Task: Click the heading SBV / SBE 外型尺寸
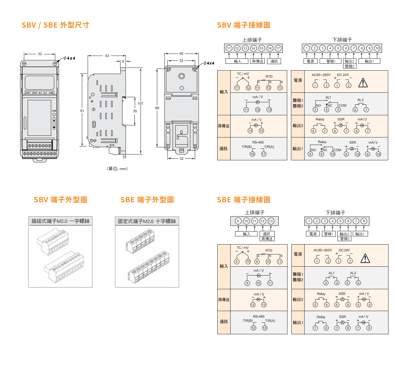coord(55,25)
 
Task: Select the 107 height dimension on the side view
coord(141,103)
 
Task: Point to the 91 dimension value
coord(82,111)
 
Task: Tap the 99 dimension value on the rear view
coord(157,108)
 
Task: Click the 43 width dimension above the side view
coord(107,56)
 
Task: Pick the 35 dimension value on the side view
coord(135,111)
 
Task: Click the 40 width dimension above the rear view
coord(181,54)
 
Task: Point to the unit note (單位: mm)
coord(118,169)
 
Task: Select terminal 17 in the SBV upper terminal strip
coord(278,48)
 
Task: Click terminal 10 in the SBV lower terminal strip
coord(377,48)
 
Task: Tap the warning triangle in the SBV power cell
coord(363,83)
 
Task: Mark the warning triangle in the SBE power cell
coord(365,259)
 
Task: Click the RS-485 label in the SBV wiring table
coord(258,142)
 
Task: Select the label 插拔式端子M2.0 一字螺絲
coord(60,221)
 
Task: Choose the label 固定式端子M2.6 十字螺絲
coord(147,221)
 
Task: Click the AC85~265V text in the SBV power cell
coord(321,75)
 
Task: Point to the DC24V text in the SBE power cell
coord(344,250)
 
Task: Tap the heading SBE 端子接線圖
coord(244,200)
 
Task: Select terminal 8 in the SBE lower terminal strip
coord(364,221)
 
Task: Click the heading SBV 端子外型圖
coord(60,200)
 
